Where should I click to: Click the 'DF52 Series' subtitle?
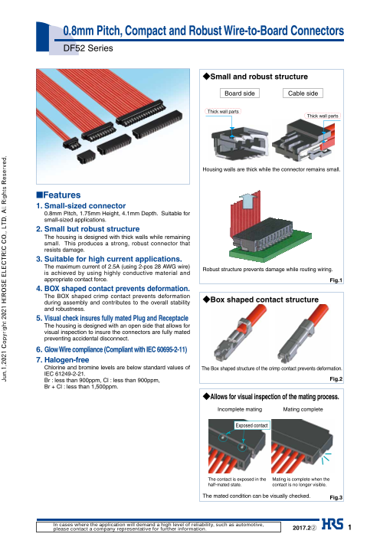tap(88, 48)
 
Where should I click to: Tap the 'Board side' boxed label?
tap(240, 93)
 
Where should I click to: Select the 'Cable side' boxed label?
tap(303, 93)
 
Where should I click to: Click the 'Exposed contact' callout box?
tap(251, 425)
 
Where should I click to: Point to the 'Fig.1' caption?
tap(336, 280)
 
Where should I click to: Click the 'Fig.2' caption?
tap(336, 378)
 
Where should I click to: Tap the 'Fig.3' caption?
tap(336, 497)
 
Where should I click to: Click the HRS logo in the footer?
tap(332, 524)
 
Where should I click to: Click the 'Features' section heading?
tap(58, 195)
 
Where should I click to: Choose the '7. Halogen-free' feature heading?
tap(63, 359)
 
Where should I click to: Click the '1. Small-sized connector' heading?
tap(81, 206)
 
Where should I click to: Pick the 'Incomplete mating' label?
tap(240, 409)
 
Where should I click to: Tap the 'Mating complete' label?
tap(303, 409)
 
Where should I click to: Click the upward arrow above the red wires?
tap(246, 201)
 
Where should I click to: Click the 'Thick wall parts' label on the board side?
tap(223, 111)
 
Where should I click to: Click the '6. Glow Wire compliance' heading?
tap(112, 349)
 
